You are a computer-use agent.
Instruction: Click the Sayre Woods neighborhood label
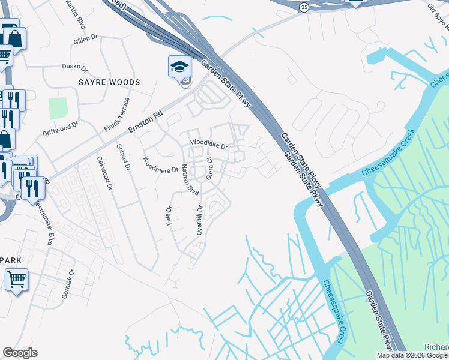pos(110,82)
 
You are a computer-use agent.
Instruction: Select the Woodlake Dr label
pos(209,145)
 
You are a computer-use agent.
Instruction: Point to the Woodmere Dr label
pos(160,165)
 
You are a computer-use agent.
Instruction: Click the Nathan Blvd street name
pos(190,179)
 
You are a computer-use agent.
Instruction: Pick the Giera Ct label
pos(209,169)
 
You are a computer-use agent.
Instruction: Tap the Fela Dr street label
pos(169,216)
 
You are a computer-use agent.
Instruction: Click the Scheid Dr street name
pos(124,158)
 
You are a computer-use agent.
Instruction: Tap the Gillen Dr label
pos(85,40)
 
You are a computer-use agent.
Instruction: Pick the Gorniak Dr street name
pos(68,287)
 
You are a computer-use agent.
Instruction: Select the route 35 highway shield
pos(304,7)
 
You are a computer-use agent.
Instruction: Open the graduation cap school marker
pos(179,67)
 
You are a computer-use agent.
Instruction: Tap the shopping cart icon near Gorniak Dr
pos(16,279)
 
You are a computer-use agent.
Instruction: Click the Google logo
pos(20,353)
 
